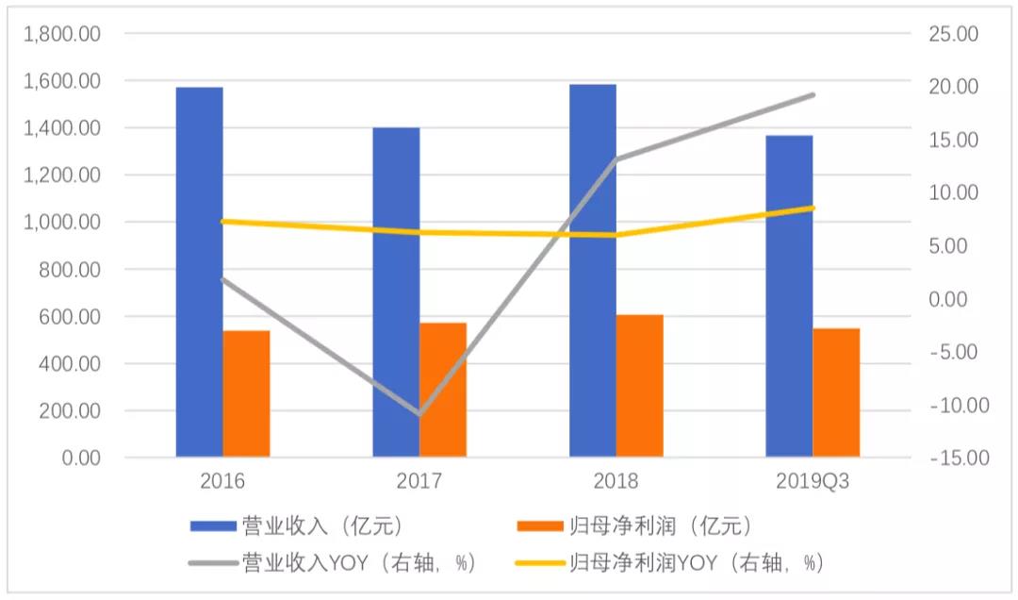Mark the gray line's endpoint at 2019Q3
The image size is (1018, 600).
tap(813, 94)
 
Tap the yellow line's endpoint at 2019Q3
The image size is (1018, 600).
tap(813, 208)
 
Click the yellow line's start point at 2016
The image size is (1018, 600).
tap(222, 221)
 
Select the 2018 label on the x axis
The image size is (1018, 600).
tap(616, 481)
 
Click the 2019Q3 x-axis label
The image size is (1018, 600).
tap(813, 481)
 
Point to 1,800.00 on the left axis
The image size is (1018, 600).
tap(63, 34)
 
